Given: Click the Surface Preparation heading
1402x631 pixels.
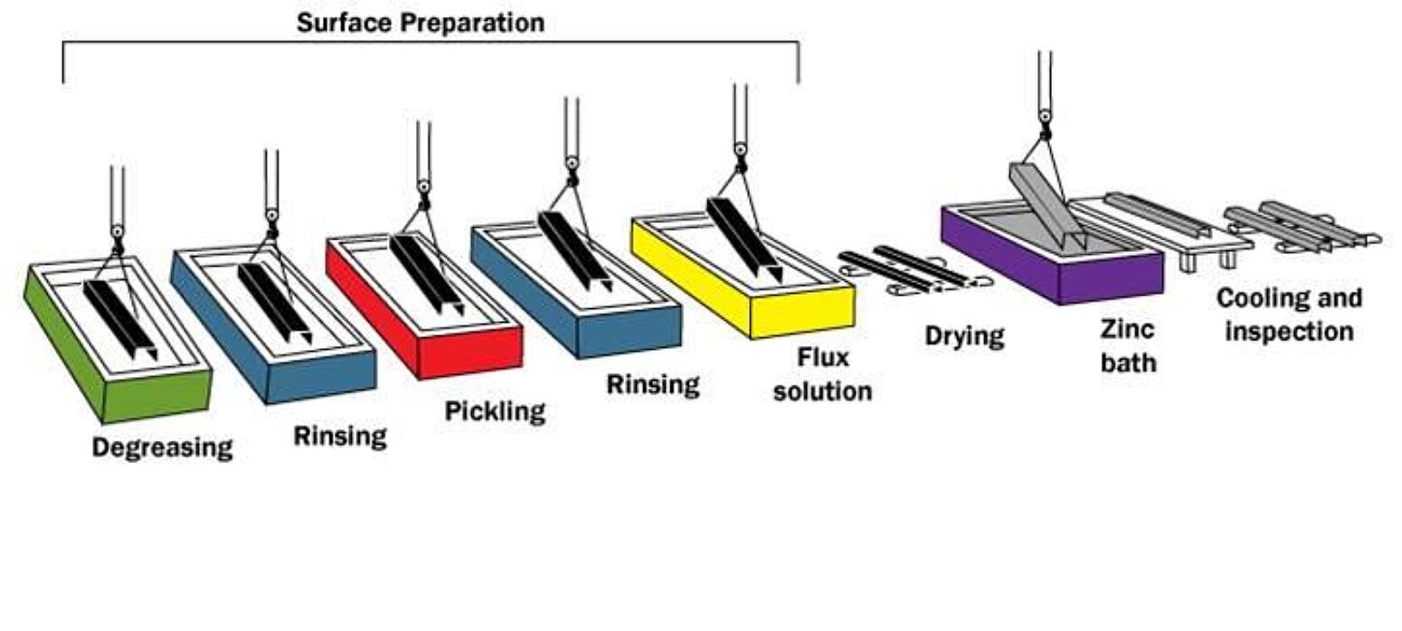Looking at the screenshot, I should [421, 23].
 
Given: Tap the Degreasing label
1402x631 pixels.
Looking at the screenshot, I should [162, 447].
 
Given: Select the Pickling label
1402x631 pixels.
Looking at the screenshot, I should [495, 411].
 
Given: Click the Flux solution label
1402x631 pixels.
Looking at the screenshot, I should [822, 374].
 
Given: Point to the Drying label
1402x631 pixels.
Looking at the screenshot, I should [964, 336].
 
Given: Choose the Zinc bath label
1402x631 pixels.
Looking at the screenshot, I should [1128, 345].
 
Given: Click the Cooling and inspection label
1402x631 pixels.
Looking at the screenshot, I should [1289, 315].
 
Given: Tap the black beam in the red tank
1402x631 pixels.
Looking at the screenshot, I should [425, 272].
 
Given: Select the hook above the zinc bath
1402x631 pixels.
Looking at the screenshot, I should [1045, 117].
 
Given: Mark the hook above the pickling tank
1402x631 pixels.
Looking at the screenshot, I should [423, 187].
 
